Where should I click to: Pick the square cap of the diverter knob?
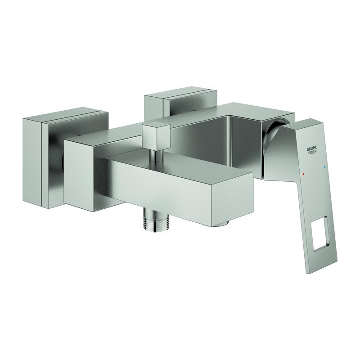tap(157, 136)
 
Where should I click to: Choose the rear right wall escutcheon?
tap(180, 99)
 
